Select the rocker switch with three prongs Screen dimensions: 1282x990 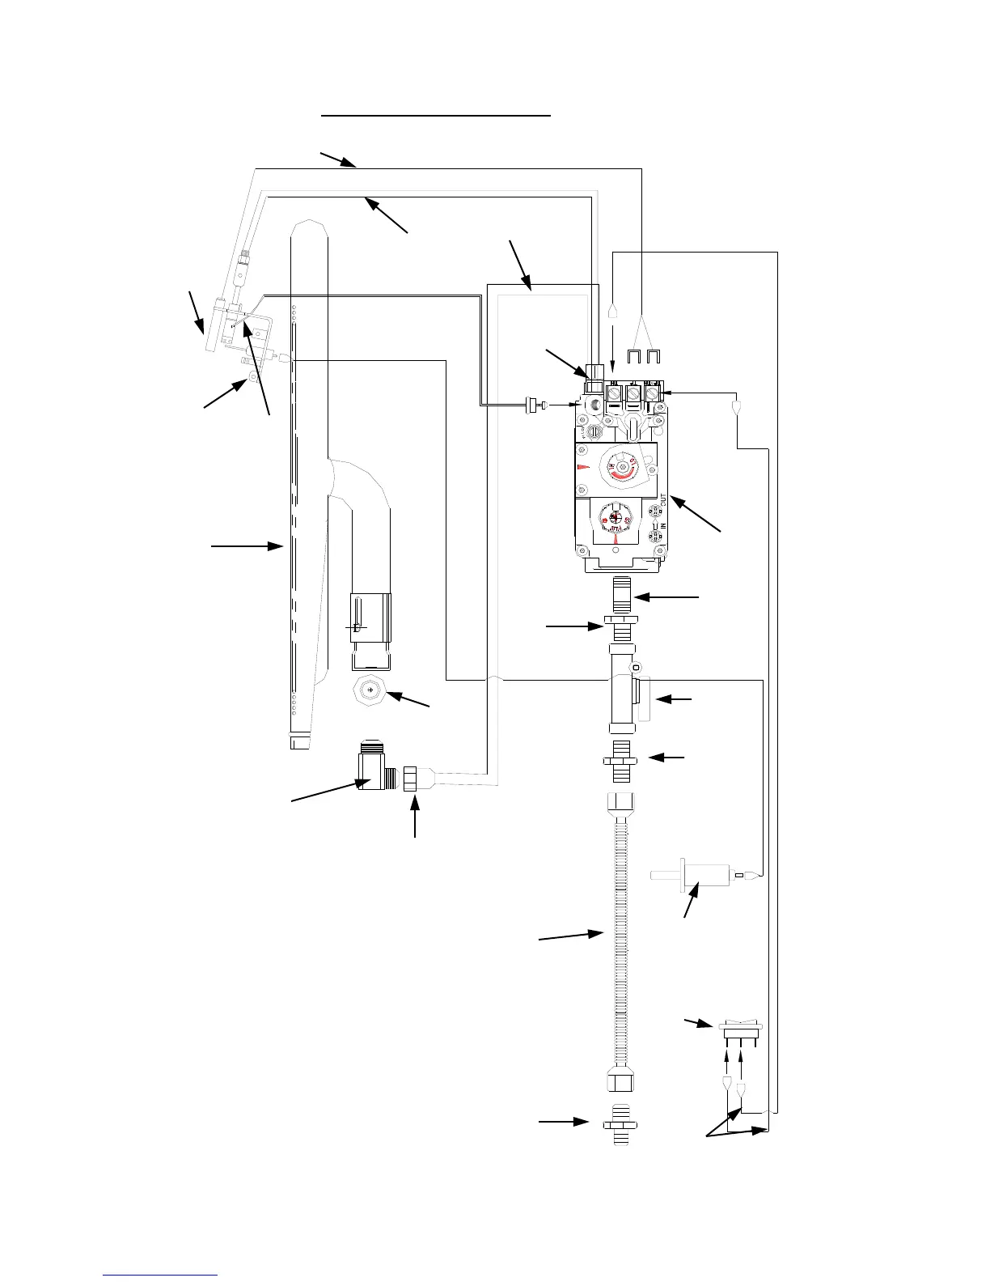[x=740, y=1029]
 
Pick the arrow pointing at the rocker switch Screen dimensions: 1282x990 [x=696, y=1022]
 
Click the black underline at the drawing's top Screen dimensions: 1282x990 [x=436, y=116]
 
